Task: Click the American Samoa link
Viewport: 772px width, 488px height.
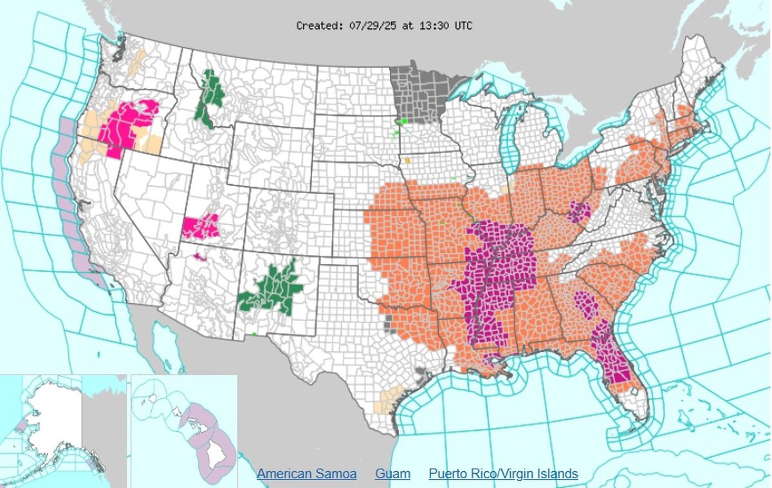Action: coord(306,474)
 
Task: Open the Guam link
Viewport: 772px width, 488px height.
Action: coord(392,474)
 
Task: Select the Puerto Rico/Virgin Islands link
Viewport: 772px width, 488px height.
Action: coord(503,474)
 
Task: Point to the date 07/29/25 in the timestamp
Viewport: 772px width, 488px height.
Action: coord(369,26)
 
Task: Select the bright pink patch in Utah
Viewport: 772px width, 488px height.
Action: coord(201,227)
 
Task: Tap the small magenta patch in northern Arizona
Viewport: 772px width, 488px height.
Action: coord(199,256)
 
